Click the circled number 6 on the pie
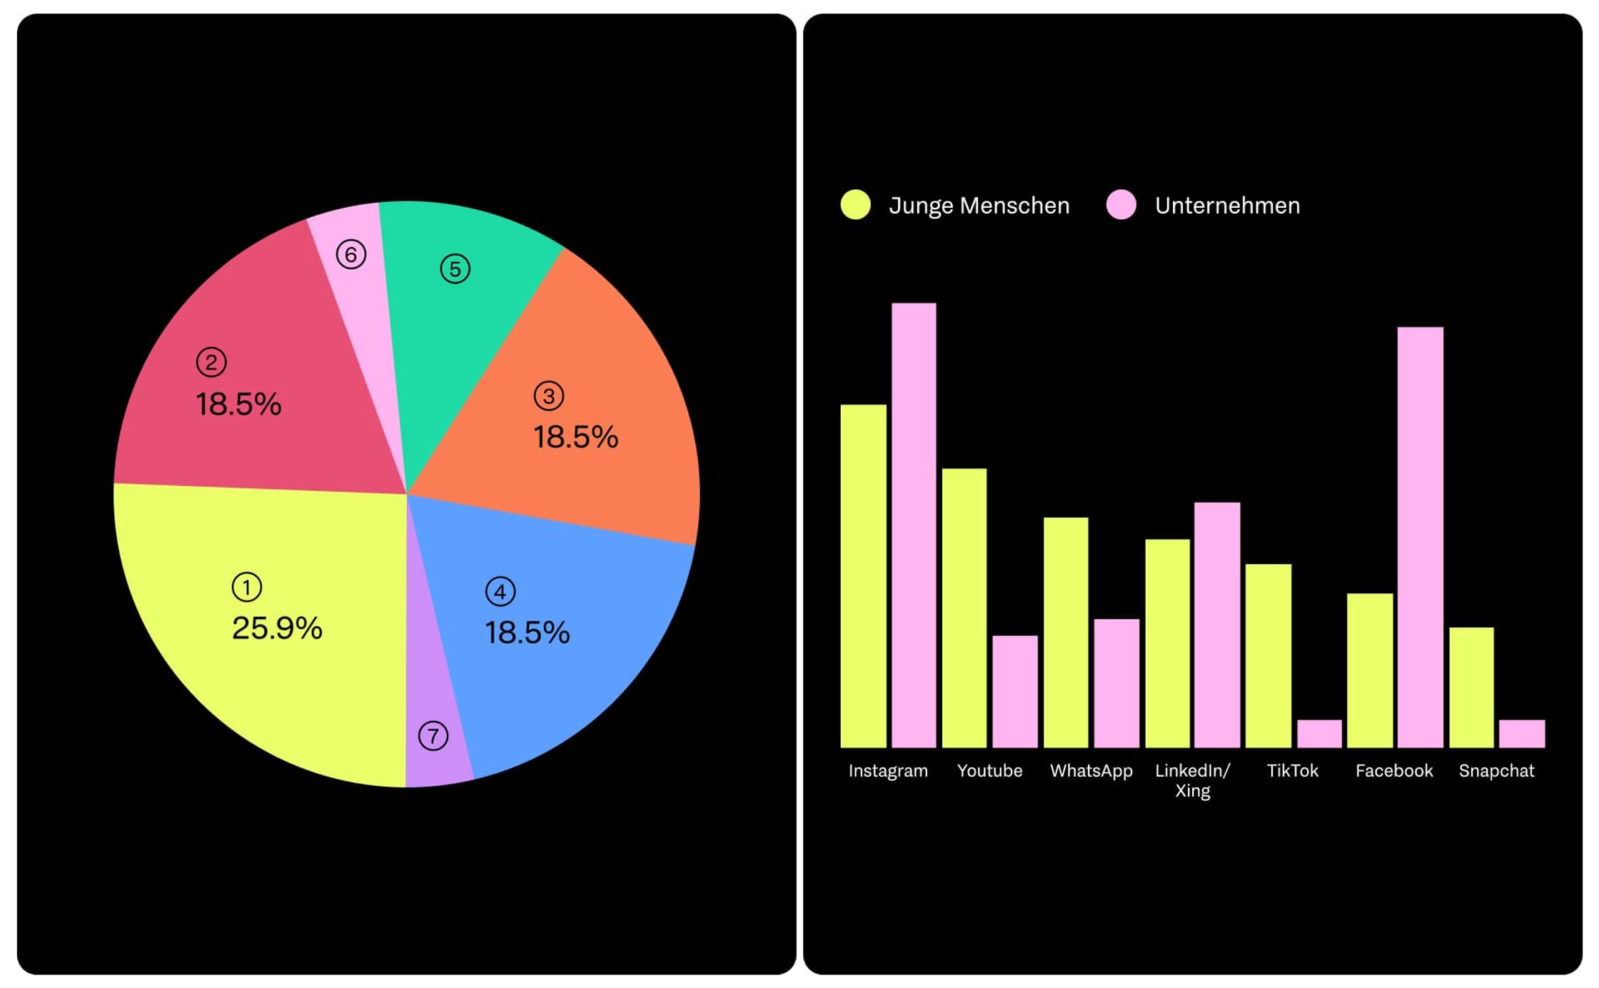click(x=350, y=254)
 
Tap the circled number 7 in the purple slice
click(x=433, y=735)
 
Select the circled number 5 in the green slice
click(x=455, y=269)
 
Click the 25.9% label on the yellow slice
click(x=277, y=628)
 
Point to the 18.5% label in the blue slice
click(x=528, y=632)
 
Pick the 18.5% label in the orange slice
click(x=575, y=437)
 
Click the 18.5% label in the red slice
click(x=238, y=404)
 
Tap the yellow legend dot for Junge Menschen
click(x=855, y=205)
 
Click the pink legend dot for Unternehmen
click(x=1121, y=205)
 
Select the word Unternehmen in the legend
click(x=1227, y=206)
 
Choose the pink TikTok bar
click(x=1319, y=733)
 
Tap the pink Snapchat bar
click(x=1521, y=733)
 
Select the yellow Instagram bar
click(x=863, y=575)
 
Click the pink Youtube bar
click(x=1014, y=691)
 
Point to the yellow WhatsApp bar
click(x=1066, y=632)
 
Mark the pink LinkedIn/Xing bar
click(x=1216, y=625)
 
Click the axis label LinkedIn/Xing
click(x=1192, y=780)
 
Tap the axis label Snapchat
click(x=1496, y=771)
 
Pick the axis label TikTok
click(x=1292, y=771)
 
